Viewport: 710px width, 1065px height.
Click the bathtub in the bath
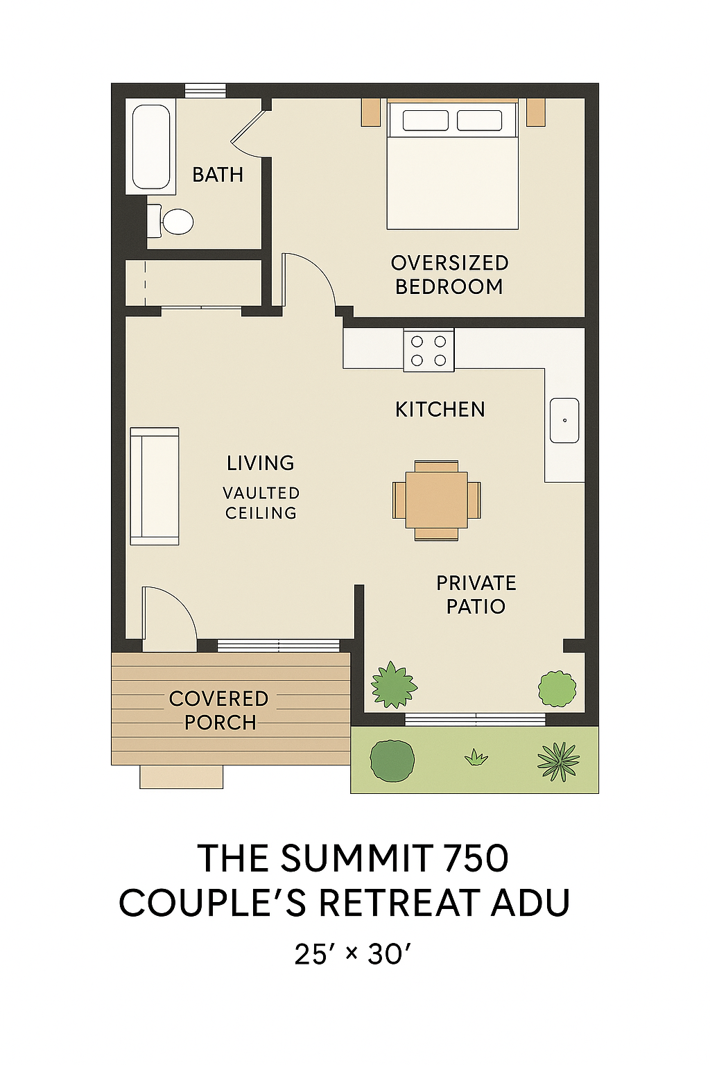click(x=150, y=146)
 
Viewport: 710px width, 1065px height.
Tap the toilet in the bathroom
click(x=171, y=221)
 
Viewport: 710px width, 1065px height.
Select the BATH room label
click(x=218, y=175)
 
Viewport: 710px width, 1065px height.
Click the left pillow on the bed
click(x=425, y=120)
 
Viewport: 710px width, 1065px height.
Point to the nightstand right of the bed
click(x=535, y=112)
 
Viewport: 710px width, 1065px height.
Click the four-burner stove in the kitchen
click(x=428, y=350)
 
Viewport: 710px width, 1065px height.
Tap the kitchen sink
click(x=564, y=420)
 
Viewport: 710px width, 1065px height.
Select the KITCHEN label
click(x=440, y=410)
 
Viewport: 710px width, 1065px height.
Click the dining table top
click(x=437, y=500)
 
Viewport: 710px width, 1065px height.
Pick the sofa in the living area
click(x=155, y=486)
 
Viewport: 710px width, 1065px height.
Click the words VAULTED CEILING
click(x=261, y=503)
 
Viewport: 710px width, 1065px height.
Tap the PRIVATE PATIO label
click(x=476, y=595)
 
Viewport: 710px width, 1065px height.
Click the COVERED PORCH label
click(x=219, y=711)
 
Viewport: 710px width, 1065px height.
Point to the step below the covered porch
click(x=181, y=777)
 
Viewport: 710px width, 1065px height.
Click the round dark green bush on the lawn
click(x=392, y=761)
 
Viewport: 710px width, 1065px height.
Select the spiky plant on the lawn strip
click(x=558, y=762)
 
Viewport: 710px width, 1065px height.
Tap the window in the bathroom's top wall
click(x=205, y=90)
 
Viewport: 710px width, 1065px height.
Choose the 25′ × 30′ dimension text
click(x=352, y=954)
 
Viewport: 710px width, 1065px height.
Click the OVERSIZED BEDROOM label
click(x=449, y=275)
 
